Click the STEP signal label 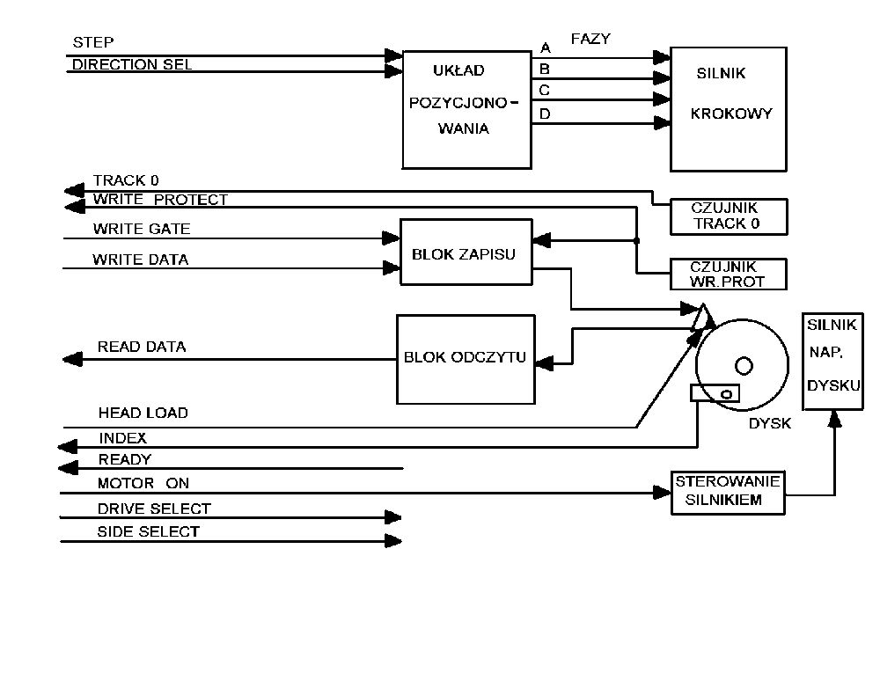click(x=92, y=42)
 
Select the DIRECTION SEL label click(x=132, y=64)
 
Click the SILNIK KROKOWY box click(x=728, y=108)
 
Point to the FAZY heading click(x=590, y=40)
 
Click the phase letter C click(x=545, y=90)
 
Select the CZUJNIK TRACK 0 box click(x=728, y=216)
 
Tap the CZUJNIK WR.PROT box click(x=728, y=274)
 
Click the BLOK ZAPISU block click(x=466, y=253)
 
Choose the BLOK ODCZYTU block click(x=465, y=358)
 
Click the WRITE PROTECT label click(x=160, y=200)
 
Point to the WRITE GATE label click(x=141, y=230)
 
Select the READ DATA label click(x=142, y=348)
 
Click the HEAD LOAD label click(x=143, y=413)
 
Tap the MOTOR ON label click(x=143, y=483)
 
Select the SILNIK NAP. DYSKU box click(x=832, y=361)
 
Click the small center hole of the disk click(x=744, y=364)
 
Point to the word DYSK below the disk click(x=770, y=423)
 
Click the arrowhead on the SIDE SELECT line click(x=393, y=541)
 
